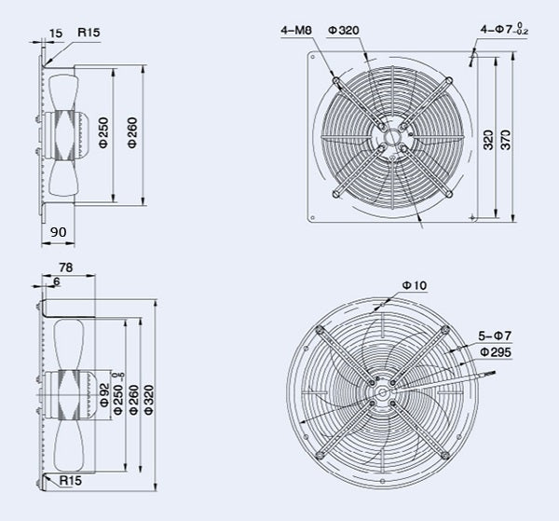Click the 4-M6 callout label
pyautogui.click(x=297, y=31)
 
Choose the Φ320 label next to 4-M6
pyautogui.click(x=343, y=31)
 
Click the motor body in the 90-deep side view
pyautogui.click(x=68, y=131)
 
